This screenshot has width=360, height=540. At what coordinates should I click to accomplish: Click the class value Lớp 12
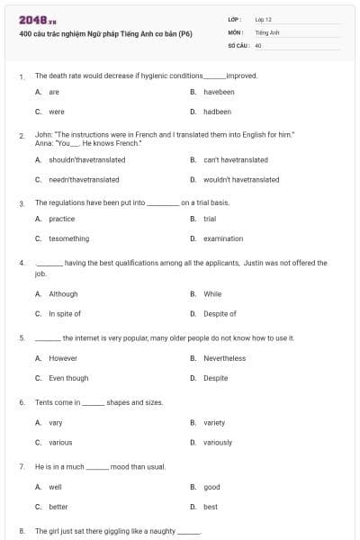pos(263,18)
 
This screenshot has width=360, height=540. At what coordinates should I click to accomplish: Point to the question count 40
pos(258,44)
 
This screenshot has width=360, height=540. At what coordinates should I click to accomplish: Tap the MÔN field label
pos(235,31)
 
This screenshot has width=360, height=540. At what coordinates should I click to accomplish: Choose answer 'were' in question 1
pos(57,112)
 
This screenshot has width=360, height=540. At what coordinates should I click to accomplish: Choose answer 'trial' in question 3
pos(210,219)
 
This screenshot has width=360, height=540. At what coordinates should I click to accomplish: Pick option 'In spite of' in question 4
pos(65,313)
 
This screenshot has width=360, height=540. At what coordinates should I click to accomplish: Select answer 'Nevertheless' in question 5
pos(224,358)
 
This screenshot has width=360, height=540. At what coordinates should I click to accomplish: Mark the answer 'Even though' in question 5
pos(68,378)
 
